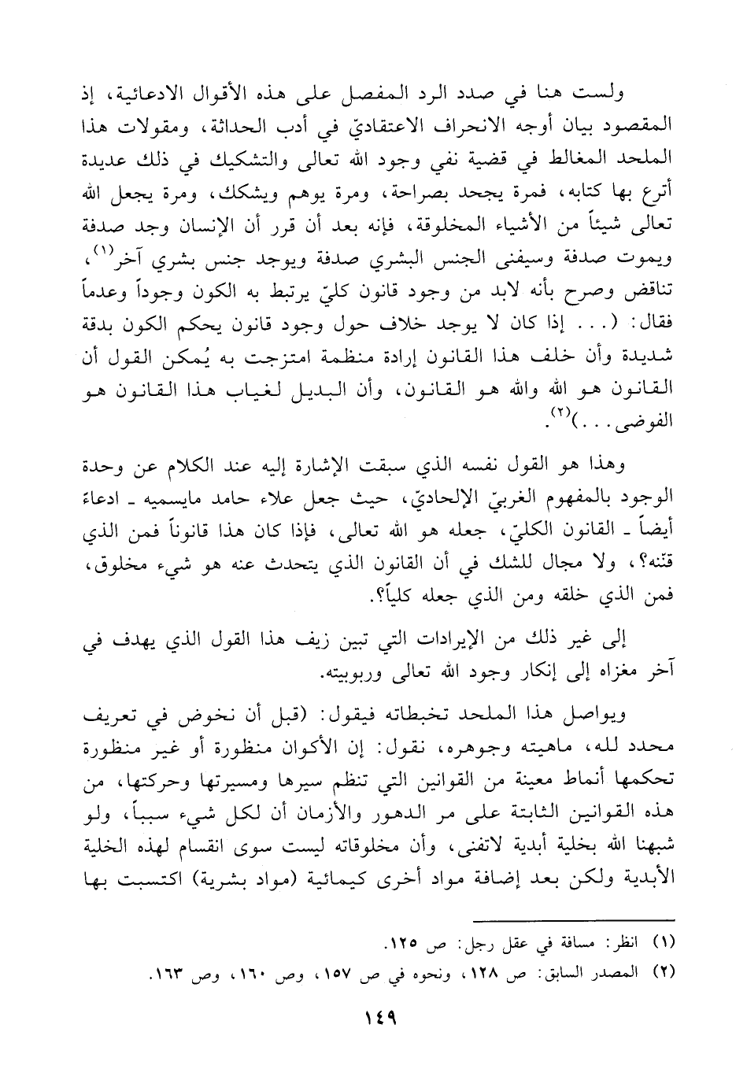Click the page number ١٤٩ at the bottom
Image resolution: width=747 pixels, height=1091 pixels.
point(372,1016)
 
